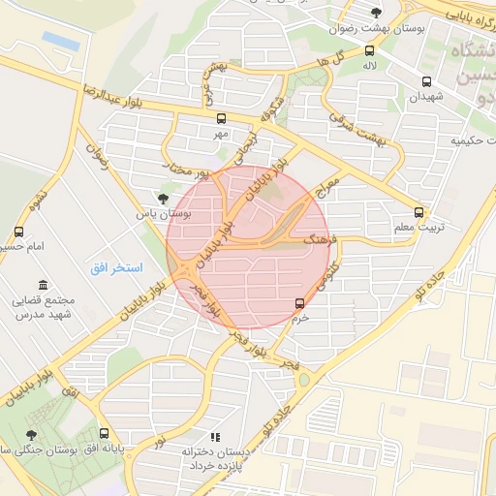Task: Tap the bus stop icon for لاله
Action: click(369, 51)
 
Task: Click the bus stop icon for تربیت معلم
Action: click(418, 211)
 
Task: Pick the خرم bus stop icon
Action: click(299, 303)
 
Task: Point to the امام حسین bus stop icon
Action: click(18, 232)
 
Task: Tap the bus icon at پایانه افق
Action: click(104, 434)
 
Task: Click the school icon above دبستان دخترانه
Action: click(215, 437)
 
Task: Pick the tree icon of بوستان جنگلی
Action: click(32, 434)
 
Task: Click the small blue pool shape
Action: click(60, 40)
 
